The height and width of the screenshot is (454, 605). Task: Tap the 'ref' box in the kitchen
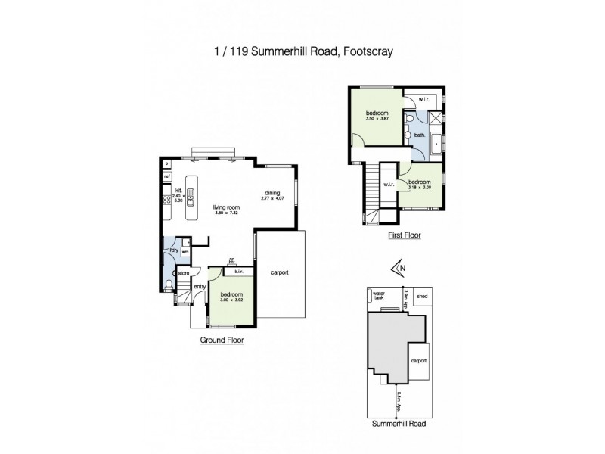[166, 176]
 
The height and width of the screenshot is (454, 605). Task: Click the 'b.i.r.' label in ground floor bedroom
[238, 272]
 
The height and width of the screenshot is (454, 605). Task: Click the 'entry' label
[200, 286]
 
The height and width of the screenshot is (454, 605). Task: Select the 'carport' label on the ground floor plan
[279, 272]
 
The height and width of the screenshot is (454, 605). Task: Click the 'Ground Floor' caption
[222, 340]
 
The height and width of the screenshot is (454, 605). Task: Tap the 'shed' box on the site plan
[422, 297]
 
